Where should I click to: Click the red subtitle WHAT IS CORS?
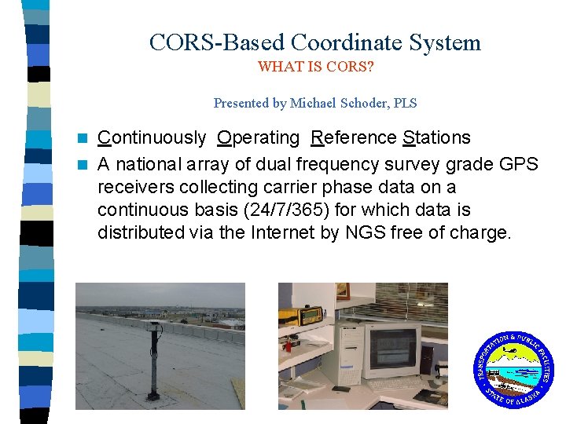click(315, 67)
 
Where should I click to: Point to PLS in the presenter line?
click(404, 103)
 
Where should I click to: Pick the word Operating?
click(259, 138)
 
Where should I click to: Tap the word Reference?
click(354, 138)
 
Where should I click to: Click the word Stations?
click(436, 138)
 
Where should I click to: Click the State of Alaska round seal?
click(513, 369)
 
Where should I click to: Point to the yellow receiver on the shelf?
click(311, 315)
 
